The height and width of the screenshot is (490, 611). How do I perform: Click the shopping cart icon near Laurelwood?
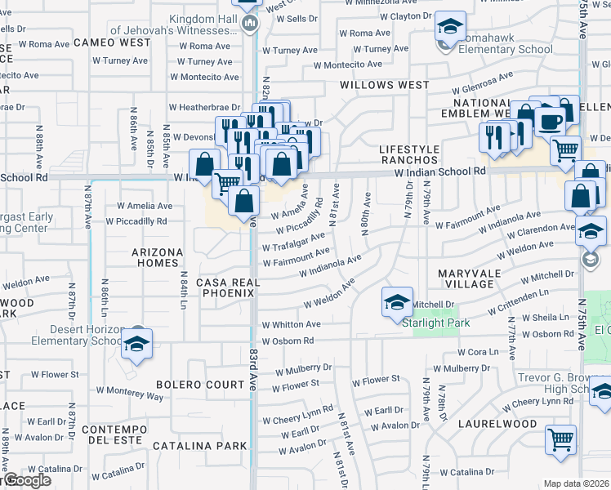[x=561, y=439]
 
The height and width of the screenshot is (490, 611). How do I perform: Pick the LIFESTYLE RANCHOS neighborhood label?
[x=409, y=154]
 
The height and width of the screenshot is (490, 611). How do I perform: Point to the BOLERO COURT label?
[x=190, y=384]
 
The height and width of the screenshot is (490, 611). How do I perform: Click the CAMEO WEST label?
[x=112, y=42]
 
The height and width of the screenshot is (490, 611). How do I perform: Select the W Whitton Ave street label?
[x=291, y=324]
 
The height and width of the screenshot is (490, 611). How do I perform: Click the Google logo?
[x=26, y=480]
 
